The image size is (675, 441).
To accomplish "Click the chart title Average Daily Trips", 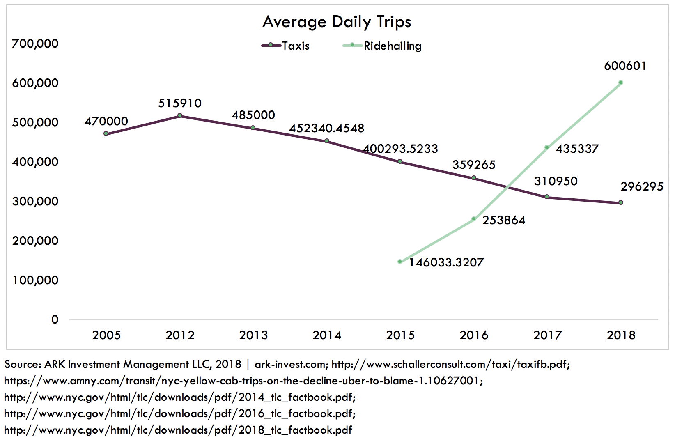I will [337, 22].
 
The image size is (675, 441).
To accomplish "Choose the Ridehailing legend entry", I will [382, 46].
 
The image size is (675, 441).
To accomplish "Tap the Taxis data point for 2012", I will [180, 116].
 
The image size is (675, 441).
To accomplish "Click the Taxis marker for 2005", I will [106, 133].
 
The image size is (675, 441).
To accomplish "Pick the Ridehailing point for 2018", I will [621, 83].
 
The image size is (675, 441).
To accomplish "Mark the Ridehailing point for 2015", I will [400, 262].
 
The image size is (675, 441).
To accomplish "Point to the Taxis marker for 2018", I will [621, 202].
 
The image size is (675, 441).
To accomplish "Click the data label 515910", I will [180, 103].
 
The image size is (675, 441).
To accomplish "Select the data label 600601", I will [625, 66].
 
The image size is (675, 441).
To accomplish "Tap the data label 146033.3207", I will [446, 262].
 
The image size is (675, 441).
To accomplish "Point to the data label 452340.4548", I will [326, 128].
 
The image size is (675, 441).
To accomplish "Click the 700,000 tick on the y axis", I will [35, 44].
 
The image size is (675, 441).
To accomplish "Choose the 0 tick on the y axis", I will [55, 319].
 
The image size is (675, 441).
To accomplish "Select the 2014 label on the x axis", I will [327, 335].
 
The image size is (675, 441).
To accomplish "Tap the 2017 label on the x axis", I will [547, 335].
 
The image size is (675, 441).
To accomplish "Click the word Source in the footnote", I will [22, 364].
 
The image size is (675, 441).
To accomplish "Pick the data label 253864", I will [504, 220].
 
